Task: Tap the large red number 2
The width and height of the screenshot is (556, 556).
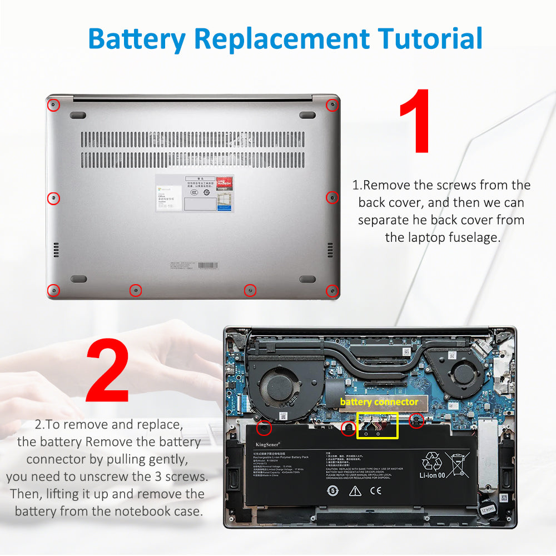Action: pos(108,371)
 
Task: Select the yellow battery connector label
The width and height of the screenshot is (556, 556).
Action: pos(379,401)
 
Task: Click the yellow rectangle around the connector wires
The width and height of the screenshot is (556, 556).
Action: pos(378,425)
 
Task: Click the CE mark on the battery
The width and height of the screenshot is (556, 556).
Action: pos(376,490)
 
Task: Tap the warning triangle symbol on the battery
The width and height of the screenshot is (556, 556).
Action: pos(355,490)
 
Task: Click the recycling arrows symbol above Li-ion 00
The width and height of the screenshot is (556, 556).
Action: pos(431,461)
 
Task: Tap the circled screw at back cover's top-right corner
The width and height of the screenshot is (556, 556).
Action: pos(332,105)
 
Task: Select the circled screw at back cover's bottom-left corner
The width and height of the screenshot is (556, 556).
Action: pos(53,290)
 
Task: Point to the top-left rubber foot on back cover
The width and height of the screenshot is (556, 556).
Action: pos(78,115)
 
